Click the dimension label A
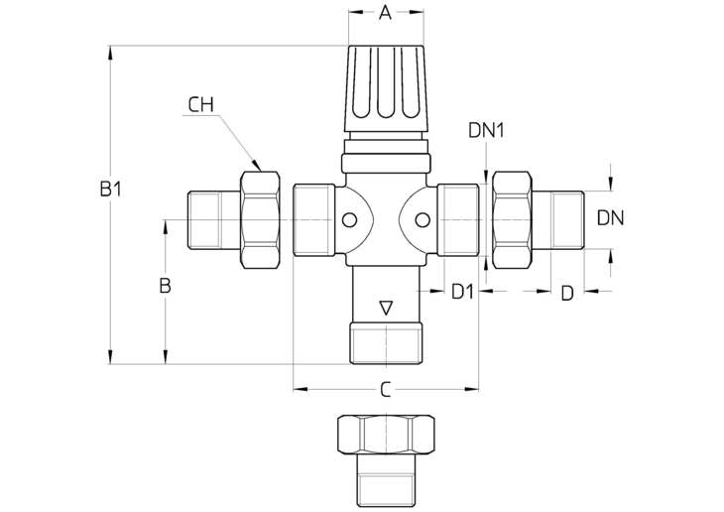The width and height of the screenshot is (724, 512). [385, 13]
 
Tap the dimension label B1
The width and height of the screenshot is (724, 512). [111, 189]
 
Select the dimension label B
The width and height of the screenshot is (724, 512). [165, 286]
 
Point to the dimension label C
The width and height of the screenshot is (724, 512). [386, 390]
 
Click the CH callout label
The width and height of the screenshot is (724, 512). [201, 105]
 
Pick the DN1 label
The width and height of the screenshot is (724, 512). [486, 130]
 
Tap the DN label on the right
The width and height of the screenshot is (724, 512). [610, 217]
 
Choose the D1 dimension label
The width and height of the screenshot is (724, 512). [462, 292]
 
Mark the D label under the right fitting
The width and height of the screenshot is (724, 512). [567, 293]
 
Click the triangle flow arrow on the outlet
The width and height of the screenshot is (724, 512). [386, 309]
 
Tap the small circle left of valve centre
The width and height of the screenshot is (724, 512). [349, 220]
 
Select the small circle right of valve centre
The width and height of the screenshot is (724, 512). [422, 220]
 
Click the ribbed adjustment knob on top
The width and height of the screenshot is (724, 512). [386, 88]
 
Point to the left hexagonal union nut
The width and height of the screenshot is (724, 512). [260, 220]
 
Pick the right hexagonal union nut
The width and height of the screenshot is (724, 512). [512, 220]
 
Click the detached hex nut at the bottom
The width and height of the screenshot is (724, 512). [386, 435]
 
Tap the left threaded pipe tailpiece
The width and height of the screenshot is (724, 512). [214, 220]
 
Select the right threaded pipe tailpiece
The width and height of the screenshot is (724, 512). [558, 220]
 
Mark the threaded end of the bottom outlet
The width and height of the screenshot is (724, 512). [386, 343]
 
